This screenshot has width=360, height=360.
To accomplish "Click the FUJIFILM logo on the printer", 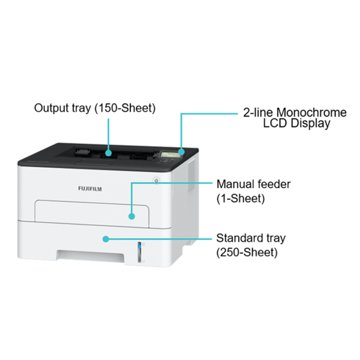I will click(90, 189).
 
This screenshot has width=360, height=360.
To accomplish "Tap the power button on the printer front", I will click(156, 180).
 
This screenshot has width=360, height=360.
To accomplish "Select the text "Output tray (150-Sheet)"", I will click(95, 108).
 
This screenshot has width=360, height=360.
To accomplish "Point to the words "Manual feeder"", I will click(254, 184).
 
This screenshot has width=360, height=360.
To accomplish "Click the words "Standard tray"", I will click(251, 238).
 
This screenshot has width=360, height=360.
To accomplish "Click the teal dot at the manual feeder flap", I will click(131, 216).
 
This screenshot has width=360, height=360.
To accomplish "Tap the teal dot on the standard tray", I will click(105, 238).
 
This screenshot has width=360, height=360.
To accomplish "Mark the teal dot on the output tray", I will click(108, 153).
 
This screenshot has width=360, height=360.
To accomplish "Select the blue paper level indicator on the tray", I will click(139, 246).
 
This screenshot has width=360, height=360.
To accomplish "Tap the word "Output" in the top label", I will click(50, 108).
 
